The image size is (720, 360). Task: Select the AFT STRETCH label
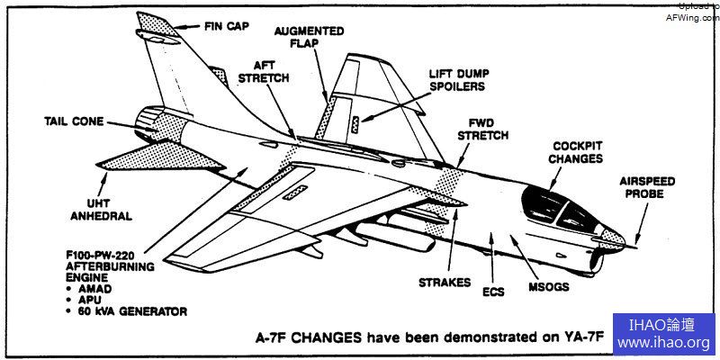click(x=264, y=72)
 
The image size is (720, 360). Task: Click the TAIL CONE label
click(x=75, y=121)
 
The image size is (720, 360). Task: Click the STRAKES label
click(x=444, y=282)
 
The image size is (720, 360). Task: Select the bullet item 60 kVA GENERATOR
click(x=132, y=311)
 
